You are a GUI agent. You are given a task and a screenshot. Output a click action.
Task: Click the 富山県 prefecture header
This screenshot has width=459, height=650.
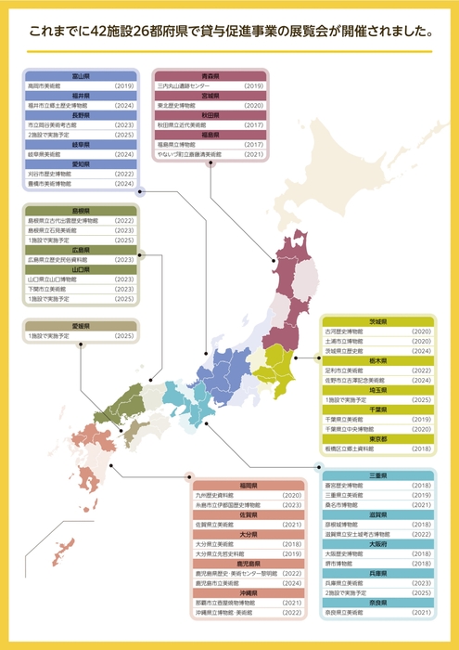click(x=81, y=75)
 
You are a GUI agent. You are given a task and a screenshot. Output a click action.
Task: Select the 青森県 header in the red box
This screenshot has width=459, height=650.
click(x=210, y=75)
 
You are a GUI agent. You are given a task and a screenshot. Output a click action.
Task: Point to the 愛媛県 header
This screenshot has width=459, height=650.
click(x=81, y=325)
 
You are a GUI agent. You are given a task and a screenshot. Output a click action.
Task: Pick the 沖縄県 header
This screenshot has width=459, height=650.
click(x=248, y=591)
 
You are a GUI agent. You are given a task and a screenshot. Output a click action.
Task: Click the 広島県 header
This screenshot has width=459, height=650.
click(x=81, y=250)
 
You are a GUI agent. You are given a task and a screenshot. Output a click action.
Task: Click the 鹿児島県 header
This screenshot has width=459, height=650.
click(x=248, y=563)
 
